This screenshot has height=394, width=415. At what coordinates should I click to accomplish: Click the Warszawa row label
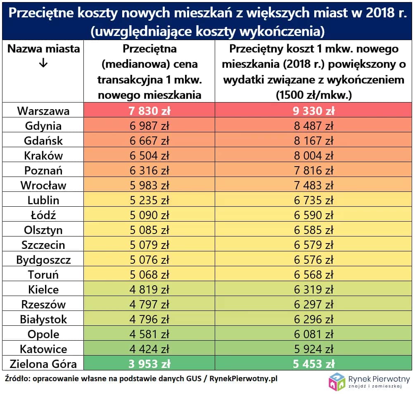(43, 111)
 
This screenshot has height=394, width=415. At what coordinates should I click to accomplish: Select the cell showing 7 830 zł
(149, 111)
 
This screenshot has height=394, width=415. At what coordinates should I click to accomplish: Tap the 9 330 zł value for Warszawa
(314, 111)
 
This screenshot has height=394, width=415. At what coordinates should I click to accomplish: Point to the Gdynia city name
(43, 126)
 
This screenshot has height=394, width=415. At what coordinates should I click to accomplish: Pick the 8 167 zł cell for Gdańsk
(314, 141)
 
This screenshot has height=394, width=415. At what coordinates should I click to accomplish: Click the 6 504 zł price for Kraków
(149, 155)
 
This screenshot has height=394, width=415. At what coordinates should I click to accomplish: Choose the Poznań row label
(43, 170)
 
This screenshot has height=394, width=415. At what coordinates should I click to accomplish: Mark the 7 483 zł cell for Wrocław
(314, 185)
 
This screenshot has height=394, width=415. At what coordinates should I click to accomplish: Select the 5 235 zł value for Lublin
(149, 200)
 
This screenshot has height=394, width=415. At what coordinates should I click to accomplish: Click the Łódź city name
(43, 215)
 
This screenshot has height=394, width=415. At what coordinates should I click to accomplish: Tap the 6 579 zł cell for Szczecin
(314, 245)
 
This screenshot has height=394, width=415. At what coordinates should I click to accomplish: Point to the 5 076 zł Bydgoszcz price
(149, 260)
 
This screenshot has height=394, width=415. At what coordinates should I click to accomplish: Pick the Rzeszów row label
(43, 304)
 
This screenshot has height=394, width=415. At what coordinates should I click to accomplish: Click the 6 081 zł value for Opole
(314, 334)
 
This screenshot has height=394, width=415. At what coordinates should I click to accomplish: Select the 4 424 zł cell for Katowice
(149, 349)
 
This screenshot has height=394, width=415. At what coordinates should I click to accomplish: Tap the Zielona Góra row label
(43, 364)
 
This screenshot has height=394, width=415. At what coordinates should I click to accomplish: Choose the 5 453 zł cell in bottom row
(314, 364)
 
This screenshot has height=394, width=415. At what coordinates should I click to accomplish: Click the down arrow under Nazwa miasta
(43, 63)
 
